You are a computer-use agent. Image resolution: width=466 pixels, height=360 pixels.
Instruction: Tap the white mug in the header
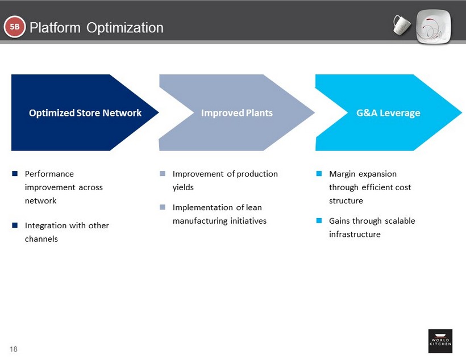(402, 24)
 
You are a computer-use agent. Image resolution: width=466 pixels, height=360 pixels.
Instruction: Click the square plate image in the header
(435, 27)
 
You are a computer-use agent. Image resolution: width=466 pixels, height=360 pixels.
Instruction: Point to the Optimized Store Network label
(85, 112)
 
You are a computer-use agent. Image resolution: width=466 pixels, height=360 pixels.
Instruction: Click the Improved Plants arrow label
(236, 112)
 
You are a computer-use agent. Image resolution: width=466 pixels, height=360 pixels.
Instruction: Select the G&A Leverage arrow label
(388, 112)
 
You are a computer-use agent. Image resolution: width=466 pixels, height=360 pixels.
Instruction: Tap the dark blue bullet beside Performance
(14, 174)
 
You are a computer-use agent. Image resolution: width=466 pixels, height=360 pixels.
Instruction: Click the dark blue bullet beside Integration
(14, 225)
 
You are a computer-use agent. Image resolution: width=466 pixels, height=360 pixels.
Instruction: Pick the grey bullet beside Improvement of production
(162, 174)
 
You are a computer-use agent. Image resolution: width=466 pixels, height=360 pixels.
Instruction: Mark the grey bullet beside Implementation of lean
(162, 207)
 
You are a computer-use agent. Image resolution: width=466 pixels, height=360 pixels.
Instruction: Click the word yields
(183, 187)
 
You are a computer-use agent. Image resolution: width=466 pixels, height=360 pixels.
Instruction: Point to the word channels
(41, 239)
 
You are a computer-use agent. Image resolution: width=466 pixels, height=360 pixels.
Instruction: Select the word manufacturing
(199, 221)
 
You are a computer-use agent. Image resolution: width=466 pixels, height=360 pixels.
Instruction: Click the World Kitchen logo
(440, 341)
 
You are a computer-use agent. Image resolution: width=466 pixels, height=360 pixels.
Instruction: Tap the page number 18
(13, 349)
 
